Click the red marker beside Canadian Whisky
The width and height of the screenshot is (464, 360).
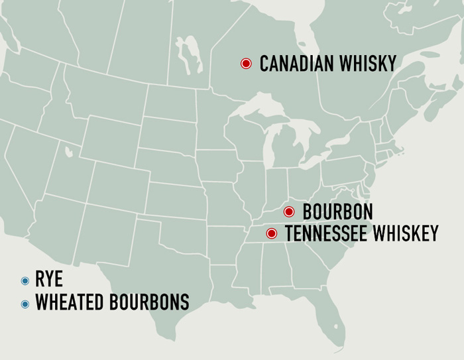point(246,64)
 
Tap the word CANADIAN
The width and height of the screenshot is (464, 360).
point(292,64)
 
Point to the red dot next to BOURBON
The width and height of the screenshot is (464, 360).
point(289,212)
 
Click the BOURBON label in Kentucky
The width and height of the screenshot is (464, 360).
point(337,212)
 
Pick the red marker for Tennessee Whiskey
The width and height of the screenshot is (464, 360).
point(271,233)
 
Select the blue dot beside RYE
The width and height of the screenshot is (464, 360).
point(25,281)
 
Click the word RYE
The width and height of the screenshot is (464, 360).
point(49,281)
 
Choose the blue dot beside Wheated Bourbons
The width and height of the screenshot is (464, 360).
point(25,304)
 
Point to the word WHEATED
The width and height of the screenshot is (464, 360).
point(67,303)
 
